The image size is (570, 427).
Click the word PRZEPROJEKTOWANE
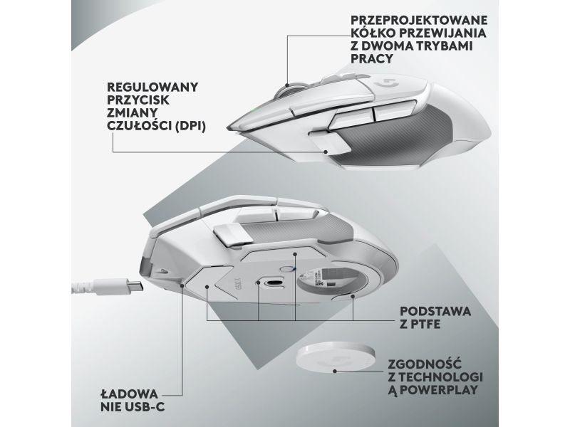pyautogui.click(x=419, y=20)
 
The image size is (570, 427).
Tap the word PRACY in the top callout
pyautogui.click(x=372, y=59)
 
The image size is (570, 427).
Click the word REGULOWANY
pyautogui.click(x=152, y=87)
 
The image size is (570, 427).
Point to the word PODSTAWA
pyautogui.click(x=435, y=311)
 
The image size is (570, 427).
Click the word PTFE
pyautogui.click(x=425, y=325)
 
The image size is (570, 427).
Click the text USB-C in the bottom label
pyautogui.click(x=145, y=406)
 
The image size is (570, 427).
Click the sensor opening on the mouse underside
pyautogui.click(x=274, y=283)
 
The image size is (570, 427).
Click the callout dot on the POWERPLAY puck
pyautogui.click(x=335, y=371)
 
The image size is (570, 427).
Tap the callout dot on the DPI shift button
pyautogui.click(x=326, y=152)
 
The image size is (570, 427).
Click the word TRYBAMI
pyautogui.click(x=441, y=46)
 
